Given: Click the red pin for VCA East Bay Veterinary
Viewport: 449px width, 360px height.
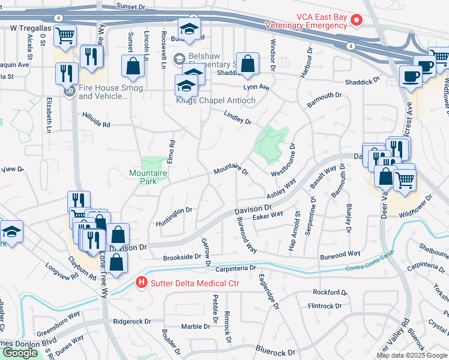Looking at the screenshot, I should click(356, 21).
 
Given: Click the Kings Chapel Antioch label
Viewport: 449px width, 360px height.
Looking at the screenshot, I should click(215, 100).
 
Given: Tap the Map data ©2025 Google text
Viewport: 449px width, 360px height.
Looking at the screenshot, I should click(411, 355).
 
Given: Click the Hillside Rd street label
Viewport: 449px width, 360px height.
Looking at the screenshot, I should click(96, 120).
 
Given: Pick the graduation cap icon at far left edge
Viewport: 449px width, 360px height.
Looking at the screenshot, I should click(11, 230).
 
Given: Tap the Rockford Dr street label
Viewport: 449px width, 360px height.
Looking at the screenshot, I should click(330, 292).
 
